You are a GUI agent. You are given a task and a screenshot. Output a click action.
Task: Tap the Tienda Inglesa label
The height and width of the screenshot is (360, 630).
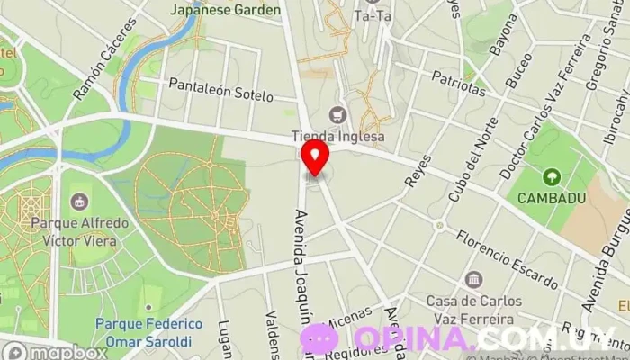tap(337, 137)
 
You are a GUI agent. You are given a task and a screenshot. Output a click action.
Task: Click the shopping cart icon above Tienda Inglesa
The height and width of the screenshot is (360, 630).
tap(337, 114)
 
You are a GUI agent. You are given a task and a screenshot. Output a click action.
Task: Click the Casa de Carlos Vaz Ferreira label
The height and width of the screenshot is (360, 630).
tap(474, 308)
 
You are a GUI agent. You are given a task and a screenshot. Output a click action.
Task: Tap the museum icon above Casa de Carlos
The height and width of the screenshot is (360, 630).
tap(474, 280)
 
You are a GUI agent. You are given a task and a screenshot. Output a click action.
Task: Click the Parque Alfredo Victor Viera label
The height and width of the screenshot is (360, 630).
tap(79, 230)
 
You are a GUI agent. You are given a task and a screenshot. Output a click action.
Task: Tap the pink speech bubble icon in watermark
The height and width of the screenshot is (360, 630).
tap(319, 339)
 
